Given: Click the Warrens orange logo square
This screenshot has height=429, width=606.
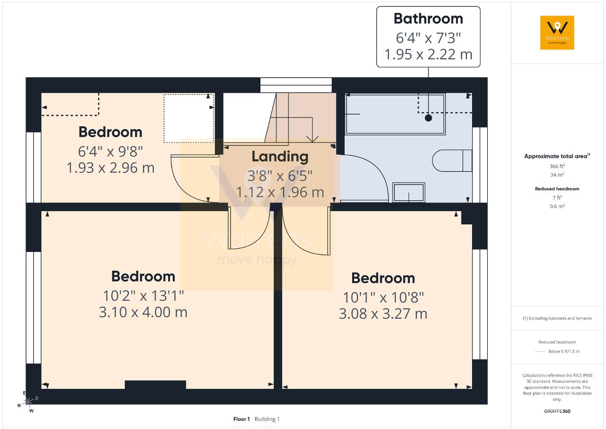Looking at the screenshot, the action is point(557,33).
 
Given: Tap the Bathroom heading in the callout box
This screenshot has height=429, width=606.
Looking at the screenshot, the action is point(428,18).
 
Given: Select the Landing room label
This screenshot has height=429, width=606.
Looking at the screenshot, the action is point(280,157).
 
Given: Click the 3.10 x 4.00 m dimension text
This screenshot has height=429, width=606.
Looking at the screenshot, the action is point(143,312).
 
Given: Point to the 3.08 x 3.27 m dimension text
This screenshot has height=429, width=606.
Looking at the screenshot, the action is point(383,314).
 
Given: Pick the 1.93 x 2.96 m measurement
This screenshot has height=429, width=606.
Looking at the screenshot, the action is point(111,168).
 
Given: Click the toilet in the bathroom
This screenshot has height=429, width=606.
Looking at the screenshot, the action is point(452,161).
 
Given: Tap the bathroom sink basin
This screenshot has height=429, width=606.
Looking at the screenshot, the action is point(409,192).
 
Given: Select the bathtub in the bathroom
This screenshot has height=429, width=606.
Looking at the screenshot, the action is point(395,114).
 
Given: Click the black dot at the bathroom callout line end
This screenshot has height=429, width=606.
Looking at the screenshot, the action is point(428,118).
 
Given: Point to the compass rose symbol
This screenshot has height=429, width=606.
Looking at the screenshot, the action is point(28,402).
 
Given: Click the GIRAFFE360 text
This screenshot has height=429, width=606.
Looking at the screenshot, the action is point(557,411).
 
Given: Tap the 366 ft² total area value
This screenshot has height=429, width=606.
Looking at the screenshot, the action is point(557,166).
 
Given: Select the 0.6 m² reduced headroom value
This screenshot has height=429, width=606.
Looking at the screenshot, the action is point(557,206).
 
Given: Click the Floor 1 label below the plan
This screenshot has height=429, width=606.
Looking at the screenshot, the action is point(241,419).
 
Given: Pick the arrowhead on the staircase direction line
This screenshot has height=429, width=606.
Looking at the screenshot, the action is point(312,139).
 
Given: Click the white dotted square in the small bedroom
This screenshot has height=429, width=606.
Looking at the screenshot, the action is point(188,118).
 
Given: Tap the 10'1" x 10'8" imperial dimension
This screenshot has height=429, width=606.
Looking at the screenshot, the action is point(383,297).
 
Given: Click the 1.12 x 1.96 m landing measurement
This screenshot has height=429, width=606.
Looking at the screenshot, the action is point(280,192).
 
